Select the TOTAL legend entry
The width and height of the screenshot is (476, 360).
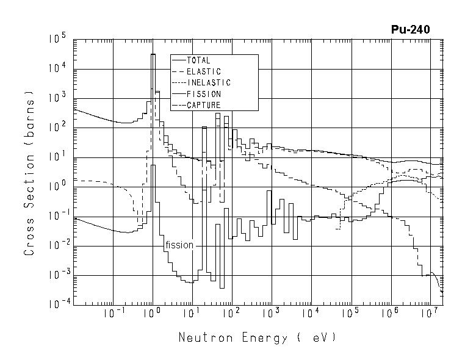point(198,60)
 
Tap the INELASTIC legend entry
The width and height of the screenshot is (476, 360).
point(209,82)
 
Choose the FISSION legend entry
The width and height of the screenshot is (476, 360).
point(204,94)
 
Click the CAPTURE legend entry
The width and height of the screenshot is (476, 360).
point(204,105)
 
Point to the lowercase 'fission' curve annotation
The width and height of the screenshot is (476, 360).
point(179,245)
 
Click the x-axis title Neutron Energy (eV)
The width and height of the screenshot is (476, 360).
point(257,337)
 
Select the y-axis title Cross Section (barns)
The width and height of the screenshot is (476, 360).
point(29,174)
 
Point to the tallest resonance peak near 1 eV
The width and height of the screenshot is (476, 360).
point(153,55)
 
